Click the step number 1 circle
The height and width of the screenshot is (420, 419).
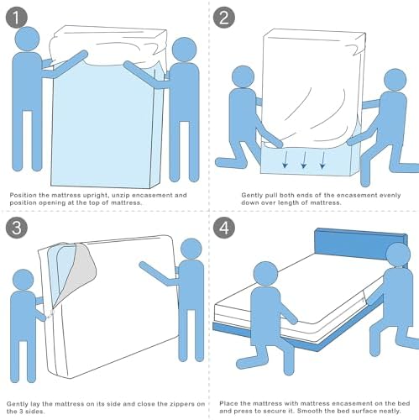17,18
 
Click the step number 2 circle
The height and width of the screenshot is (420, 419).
224,18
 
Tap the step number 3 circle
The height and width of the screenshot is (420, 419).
17,228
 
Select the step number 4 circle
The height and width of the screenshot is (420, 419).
224,228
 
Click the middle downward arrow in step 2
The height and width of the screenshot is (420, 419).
304,160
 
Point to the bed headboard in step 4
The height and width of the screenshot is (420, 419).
360,246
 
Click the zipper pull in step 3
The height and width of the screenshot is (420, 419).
50,314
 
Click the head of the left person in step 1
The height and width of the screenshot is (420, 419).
28,39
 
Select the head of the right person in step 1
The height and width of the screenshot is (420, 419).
184,50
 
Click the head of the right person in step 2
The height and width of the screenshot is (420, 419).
395,79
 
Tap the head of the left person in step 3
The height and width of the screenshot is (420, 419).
24,280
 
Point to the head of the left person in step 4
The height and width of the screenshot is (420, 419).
265,275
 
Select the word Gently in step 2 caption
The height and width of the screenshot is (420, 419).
251,196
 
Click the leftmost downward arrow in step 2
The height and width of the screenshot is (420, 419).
285,160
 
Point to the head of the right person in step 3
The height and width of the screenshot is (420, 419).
191,249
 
